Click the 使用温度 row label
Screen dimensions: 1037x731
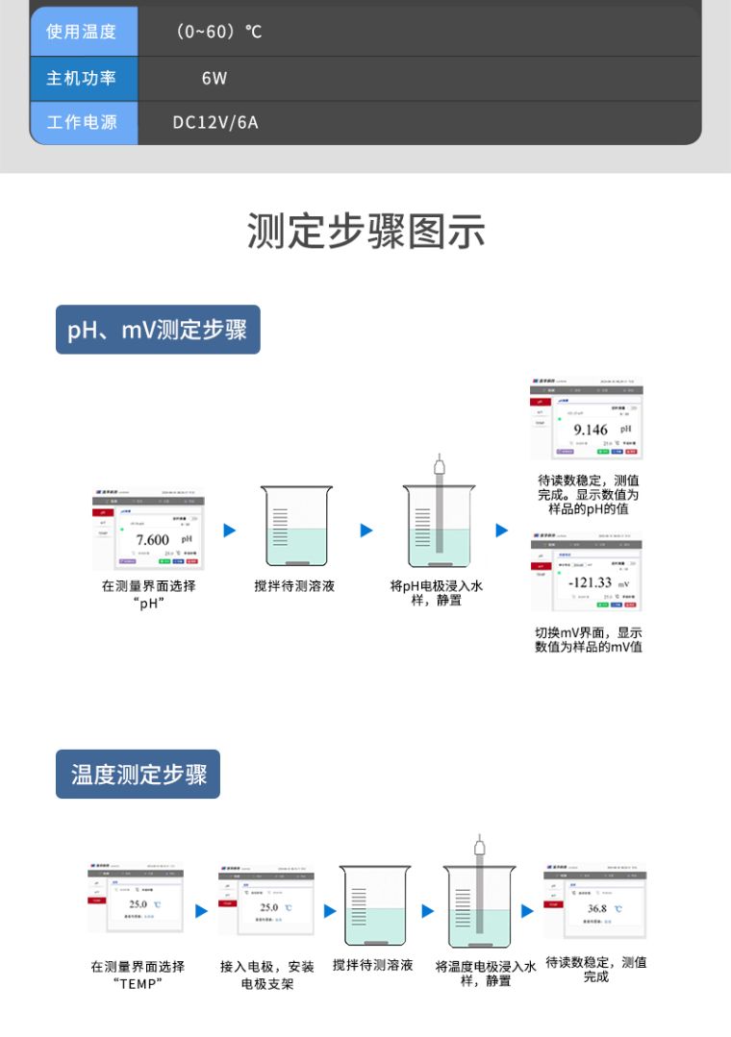[x=82, y=32]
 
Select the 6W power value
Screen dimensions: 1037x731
[x=214, y=78]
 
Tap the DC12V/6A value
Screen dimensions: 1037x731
[x=215, y=123]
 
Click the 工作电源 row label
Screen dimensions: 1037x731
[x=82, y=123]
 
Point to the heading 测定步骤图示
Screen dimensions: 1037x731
[x=365, y=233]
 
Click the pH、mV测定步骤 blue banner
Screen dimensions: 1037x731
[x=158, y=330]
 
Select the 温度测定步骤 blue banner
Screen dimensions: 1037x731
[x=139, y=775]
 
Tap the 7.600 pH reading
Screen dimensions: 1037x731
[x=153, y=540]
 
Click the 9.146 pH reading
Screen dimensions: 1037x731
[x=591, y=430]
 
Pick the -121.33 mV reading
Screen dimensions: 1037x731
[x=591, y=582]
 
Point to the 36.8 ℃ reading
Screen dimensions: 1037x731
[x=598, y=908]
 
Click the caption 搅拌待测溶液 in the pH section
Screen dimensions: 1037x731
[x=294, y=585]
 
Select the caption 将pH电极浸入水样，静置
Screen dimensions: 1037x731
[x=436, y=592]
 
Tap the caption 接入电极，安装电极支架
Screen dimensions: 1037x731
[x=266, y=975]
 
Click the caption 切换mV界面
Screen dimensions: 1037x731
[x=588, y=639]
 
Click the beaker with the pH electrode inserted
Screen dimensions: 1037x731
[x=438, y=524]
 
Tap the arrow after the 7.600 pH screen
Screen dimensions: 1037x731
[x=229, y=531]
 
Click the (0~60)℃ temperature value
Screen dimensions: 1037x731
[x=219, y=32]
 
